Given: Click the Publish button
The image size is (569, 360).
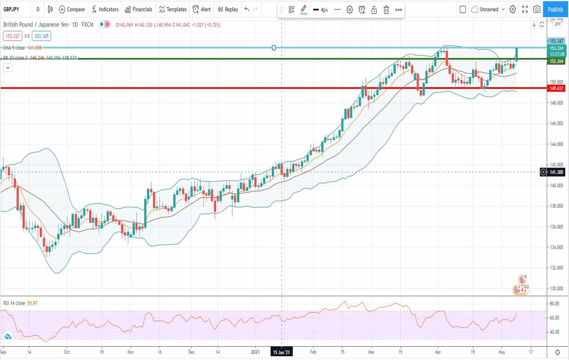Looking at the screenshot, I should (555, 10).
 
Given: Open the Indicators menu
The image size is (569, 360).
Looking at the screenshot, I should (105, 10).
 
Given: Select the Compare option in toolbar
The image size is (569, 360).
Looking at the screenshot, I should (72, 10).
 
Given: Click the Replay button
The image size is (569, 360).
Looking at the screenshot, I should (228, 10).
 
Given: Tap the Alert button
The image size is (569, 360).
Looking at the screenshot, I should (202, 10).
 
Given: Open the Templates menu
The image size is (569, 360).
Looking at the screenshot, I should (173, 10).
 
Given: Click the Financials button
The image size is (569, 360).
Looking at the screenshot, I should (138, 10).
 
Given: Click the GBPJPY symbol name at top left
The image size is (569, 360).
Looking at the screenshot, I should (11, 10).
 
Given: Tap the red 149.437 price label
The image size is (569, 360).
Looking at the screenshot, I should (556, 88).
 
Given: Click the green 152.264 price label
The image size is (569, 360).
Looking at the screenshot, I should (556, 61).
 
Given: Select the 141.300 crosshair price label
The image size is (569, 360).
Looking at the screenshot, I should (556, 172).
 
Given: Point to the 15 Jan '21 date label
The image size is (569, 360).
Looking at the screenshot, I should (281, 352).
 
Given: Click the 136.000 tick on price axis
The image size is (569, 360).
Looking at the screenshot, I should (556, 227).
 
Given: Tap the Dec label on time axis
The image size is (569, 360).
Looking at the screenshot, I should (191, 352).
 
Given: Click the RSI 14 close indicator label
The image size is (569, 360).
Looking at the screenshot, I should (14, 303).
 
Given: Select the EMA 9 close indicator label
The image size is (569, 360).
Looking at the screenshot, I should (14, 48).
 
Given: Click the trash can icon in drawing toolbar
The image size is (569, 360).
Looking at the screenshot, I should (386, 10).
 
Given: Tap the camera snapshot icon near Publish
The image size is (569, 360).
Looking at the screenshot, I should (537, 10).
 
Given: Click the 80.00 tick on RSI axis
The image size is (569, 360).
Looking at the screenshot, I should (554, 303).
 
